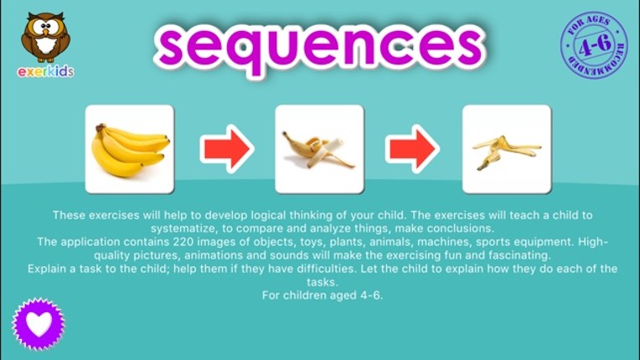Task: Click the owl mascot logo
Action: click(x=45, y=37)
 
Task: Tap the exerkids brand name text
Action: click(x=46, y=71)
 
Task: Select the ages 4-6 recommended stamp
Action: click(x=594, y=46)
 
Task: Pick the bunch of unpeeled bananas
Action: click(x=130, y=149)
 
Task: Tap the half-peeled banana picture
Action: click(x=319, y=149)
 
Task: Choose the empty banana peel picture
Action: click(x=506, y=149)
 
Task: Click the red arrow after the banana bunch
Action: click(x=226, y=149)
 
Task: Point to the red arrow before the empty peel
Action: click(x=412, y=149)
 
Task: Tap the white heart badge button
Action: click(x=39, y=323)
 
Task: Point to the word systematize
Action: click(x=186, y=229)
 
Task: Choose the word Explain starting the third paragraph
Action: click(x=49, y=269)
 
